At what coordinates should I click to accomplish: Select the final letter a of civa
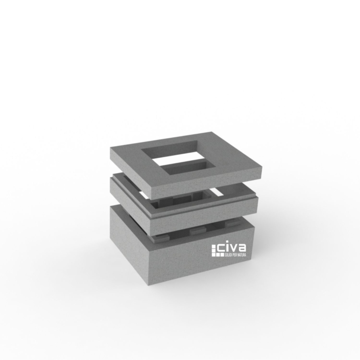[242, 248]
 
